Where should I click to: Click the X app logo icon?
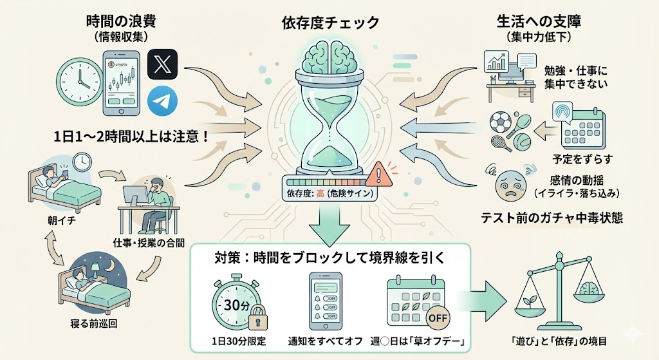(163, 65)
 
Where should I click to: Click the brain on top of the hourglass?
(330, 55)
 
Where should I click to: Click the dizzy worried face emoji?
(510, 184)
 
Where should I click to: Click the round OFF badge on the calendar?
(439, 317)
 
